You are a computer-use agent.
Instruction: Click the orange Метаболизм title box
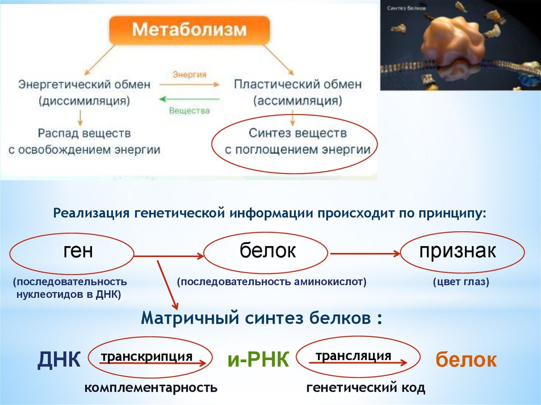click(189, 30)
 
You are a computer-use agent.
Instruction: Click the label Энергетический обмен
click(84, 84)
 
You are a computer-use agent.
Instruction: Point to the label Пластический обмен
click(297, 84)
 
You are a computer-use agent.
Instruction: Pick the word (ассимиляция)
click(297, 100)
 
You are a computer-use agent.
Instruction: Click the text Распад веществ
click(84, 133)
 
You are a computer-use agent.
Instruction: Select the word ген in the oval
click(78, 251)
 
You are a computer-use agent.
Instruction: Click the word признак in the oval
click(458, 251)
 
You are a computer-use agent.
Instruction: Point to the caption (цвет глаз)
click(461, 282)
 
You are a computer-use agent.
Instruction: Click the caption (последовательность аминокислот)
click(272, 282)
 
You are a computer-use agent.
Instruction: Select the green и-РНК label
click(258, 360)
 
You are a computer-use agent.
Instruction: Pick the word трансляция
click(353, 355)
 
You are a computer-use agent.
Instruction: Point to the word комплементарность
click(151, 388)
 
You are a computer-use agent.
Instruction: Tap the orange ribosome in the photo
click(453, 39)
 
